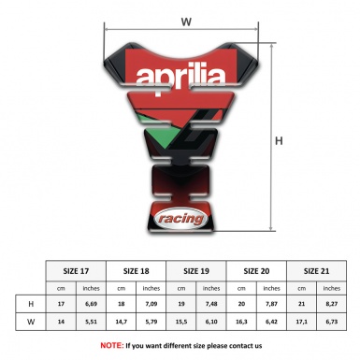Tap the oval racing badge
tap(179, 218)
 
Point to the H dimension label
tap(279, 142)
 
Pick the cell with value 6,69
tap(92, 304)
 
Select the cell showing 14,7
tap(122, 323)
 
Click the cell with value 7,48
tap(213, 304)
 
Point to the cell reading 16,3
tap(243, 323)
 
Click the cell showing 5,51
tap(92, 323)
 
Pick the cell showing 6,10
tap(213, 323)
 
